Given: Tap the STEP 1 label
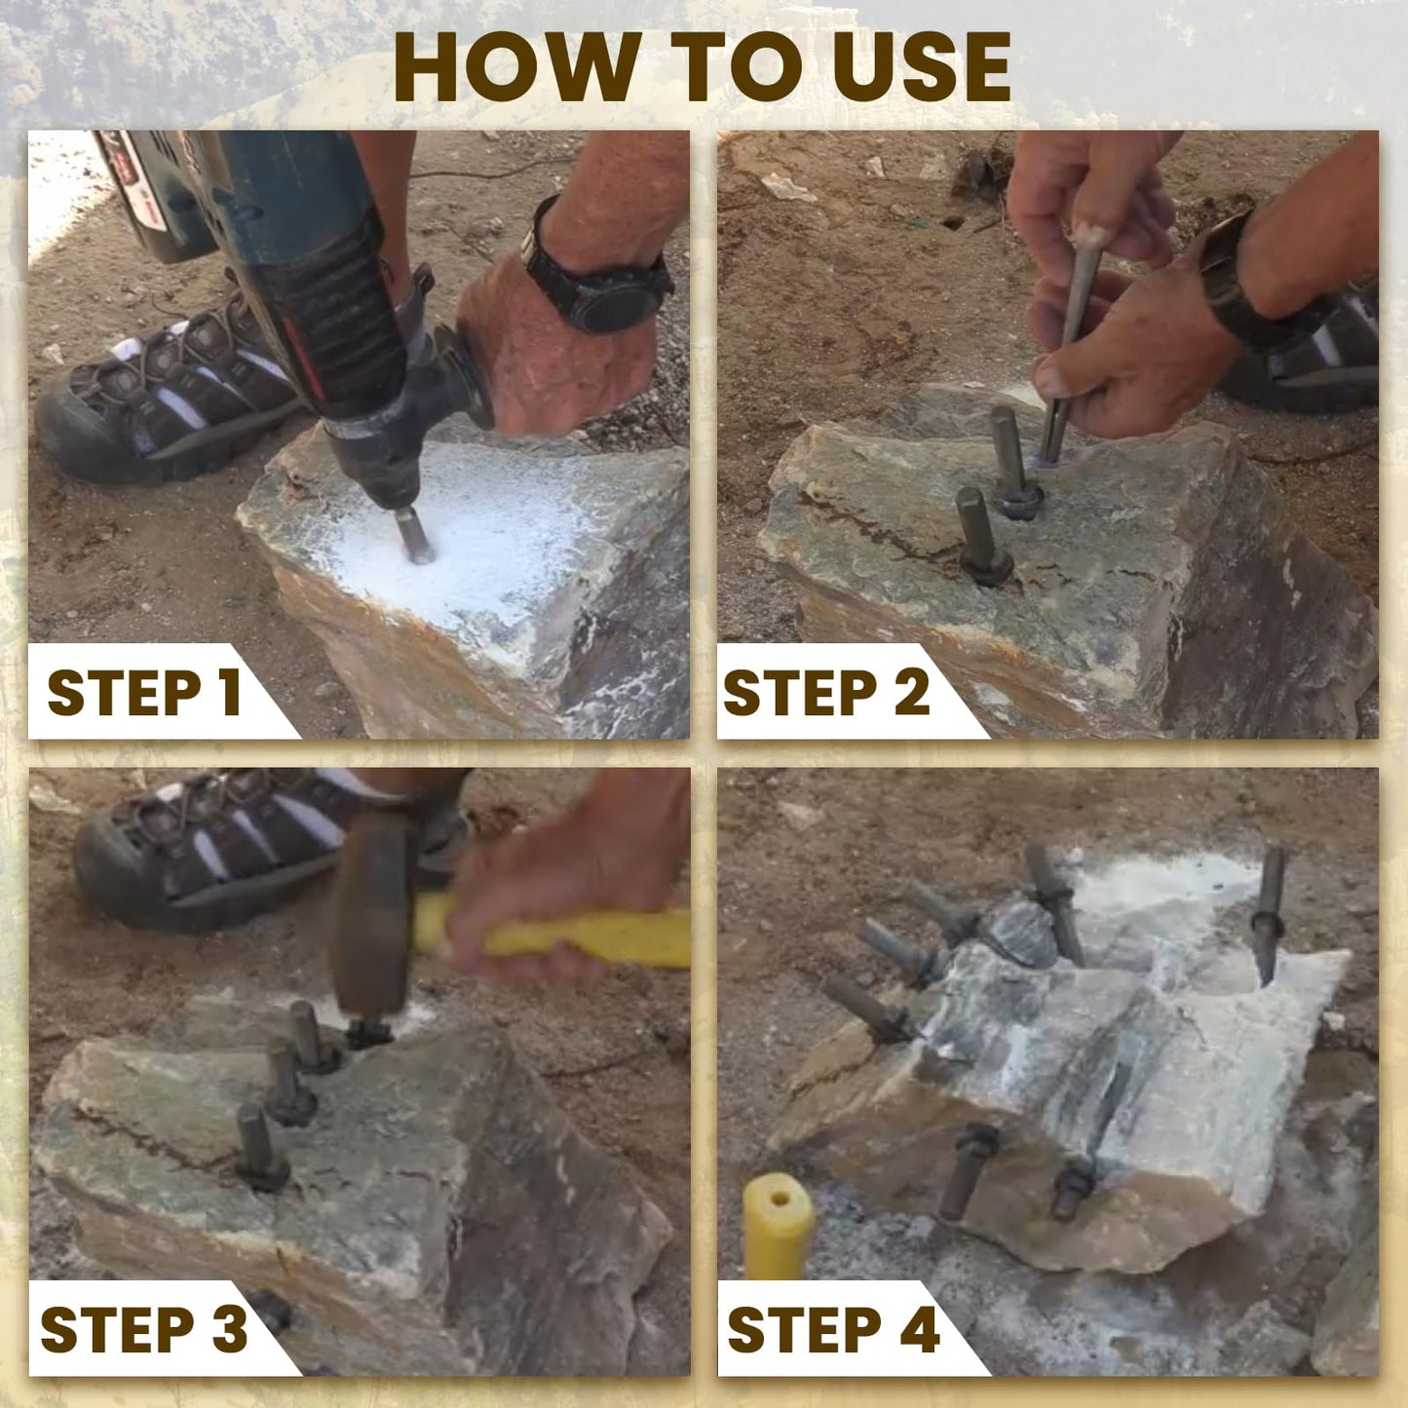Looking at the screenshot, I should [x=143, y=693].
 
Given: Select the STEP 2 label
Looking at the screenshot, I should [x=826, y=693].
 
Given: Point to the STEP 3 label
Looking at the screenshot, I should [x=143, y=1330].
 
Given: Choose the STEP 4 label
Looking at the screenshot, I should [x=833, y=1330].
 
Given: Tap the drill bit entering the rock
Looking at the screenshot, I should [x=414, y=535].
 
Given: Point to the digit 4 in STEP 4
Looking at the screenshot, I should [x=919, y=1330].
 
